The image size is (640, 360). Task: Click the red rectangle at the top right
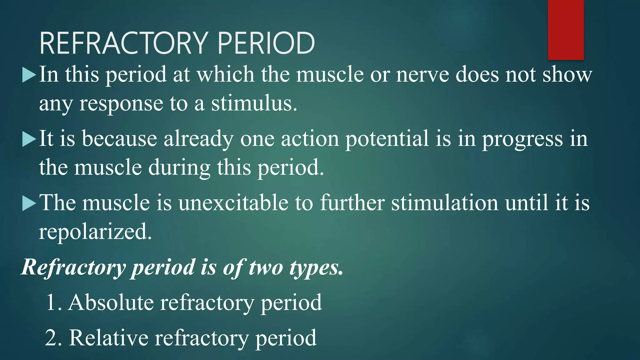pyautogui.click(x=566, y=30)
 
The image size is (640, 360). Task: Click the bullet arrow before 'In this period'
pyautogui.click(x=29, y=75)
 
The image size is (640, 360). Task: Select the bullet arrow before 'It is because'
pyautogui.click(x=29, y=139)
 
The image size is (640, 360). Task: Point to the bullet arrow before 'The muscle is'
pyautogui.click(x=29, y=203)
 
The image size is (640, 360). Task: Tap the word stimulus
pyautogui.click(x=253, y=104)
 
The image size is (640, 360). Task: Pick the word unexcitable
pyautogui.click(x=233, y=203)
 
